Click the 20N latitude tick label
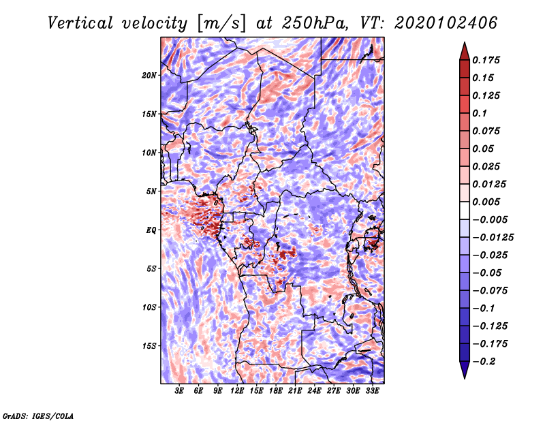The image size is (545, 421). (149, 75)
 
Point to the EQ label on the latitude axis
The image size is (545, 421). (151, 230)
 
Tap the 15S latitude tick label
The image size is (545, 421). (149, 345)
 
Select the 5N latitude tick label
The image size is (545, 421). (151, 191)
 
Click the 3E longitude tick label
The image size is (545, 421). (180, 391)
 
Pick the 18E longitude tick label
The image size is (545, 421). (276, 391)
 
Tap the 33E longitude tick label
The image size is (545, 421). (372, 391)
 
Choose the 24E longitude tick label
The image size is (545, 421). (314, 391)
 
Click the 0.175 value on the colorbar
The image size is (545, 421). (487, 60)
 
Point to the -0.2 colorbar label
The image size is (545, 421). (485, 362)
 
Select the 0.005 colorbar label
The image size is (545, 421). (487, 202)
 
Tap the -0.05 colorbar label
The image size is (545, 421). (487, 272)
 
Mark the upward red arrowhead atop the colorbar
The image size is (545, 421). (464, 50)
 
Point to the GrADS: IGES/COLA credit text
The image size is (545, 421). (37, 415)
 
